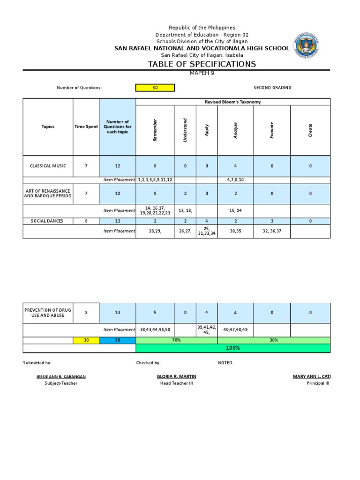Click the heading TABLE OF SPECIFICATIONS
click(x=202, y=64)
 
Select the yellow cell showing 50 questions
click(x=155, y=88)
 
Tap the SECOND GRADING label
click(x=272, y=88)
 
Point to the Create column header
click(x=310, y=130)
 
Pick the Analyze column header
click(x=235, y=130)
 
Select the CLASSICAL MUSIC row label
click(x=48, y=166)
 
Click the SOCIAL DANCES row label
click(x=48, y=221)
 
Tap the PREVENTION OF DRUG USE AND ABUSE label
click(x=48, y=313)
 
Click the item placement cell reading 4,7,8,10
click(x=235, y=180)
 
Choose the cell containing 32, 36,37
click(x=272, y=231)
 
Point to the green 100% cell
click(x=232, y=348)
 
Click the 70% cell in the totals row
click(x=176, y=340)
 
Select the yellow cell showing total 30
click(x=86, y=340)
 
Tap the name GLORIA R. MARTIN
click(x=176, y=376)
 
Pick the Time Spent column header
click(x=86, y=127)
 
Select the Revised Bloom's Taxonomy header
click(x=232, y=102)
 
